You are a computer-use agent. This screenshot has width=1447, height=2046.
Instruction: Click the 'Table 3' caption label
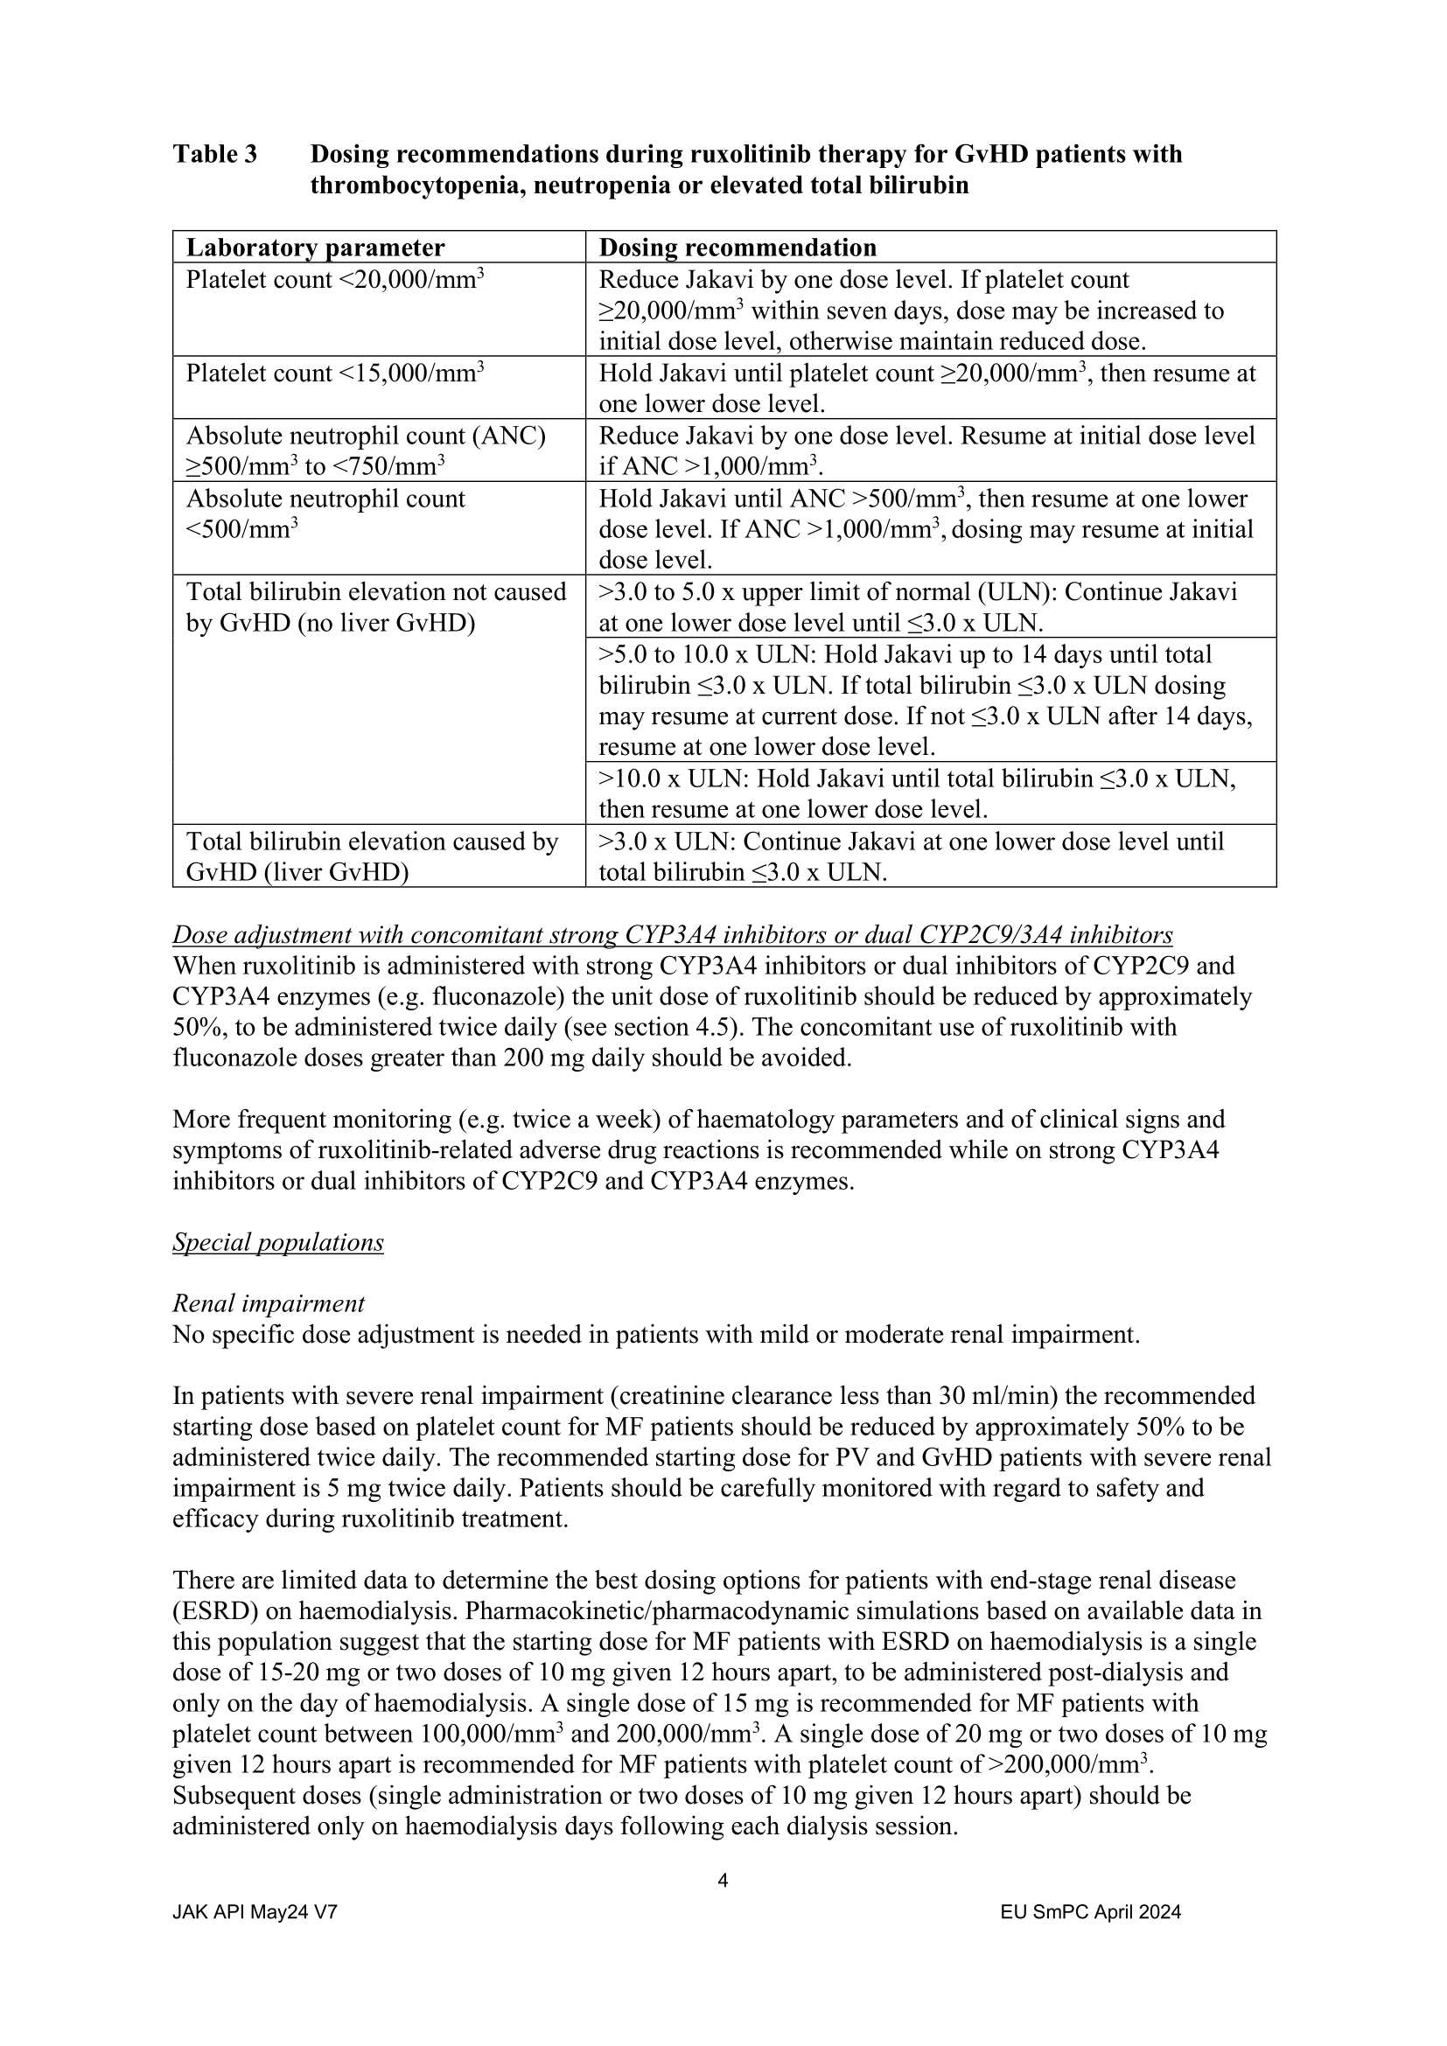click(214, 154)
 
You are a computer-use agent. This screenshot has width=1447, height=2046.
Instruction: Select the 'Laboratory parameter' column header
click(315, 247)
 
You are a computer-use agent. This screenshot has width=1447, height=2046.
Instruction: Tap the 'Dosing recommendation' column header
click(737, 247)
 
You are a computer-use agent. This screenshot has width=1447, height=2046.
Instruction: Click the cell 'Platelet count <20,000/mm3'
click(335, 280)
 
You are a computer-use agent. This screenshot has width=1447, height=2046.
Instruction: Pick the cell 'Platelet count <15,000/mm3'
click(335, 374)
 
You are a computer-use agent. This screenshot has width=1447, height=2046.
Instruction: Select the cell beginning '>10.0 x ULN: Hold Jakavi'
click(917, 793)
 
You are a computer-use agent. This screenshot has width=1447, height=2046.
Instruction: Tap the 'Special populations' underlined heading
click(278, 1242)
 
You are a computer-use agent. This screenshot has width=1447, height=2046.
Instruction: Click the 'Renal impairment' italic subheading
click(269, 1303)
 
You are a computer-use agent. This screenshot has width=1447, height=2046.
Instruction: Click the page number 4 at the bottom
click(723, 1882)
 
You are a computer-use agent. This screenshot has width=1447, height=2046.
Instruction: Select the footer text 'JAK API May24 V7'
click(255, 1911)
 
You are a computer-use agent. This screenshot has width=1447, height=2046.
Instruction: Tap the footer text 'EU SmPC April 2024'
click(1091, 1911)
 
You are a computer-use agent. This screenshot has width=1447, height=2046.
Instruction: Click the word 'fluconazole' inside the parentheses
click(580, 996)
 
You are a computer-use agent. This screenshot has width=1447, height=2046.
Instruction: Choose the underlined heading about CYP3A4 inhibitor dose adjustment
click(673, 935)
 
